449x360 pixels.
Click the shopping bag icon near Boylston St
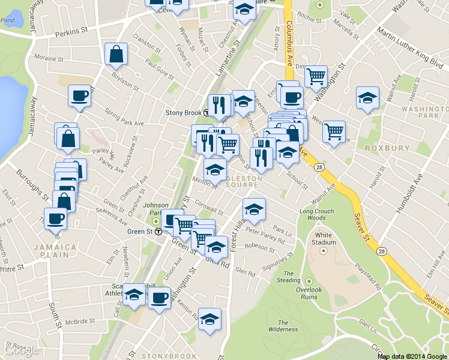116,54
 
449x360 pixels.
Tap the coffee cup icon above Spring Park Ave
79,96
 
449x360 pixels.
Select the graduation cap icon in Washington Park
367,98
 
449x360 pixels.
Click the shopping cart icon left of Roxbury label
334,131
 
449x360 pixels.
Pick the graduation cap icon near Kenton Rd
209,319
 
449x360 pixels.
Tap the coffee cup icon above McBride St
159,296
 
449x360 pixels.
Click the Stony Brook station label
184,112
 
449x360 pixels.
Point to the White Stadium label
324,239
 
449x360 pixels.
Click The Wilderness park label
283,326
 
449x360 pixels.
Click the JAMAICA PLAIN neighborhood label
55,251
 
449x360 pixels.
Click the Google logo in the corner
21,351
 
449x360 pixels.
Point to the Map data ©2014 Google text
412,356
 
